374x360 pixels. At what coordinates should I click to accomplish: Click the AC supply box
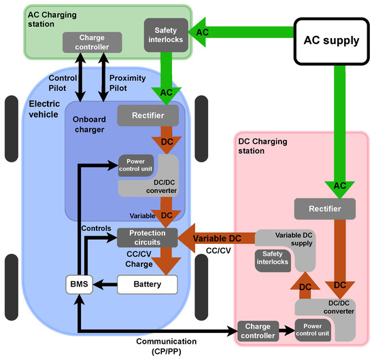(x=331, y=40)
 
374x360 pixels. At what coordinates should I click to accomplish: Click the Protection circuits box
(x=148, y=238)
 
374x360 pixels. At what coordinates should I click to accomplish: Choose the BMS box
(x=80, y=283)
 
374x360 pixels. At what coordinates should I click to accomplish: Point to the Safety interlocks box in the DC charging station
(x=272, y=258)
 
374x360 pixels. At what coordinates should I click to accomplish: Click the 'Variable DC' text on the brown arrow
(x=216, y=238)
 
